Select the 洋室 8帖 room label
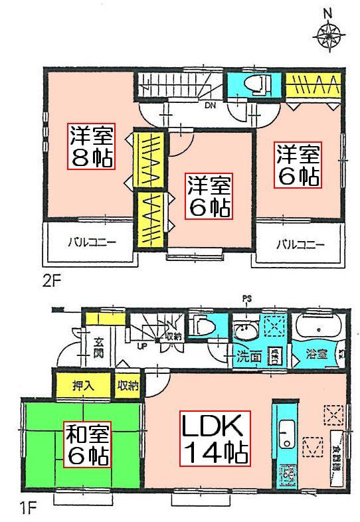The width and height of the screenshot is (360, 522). [x=91, y=147]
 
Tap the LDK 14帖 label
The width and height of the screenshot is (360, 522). [x=215, y=438]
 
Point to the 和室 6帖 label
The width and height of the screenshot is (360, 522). [x=87, y=444]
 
